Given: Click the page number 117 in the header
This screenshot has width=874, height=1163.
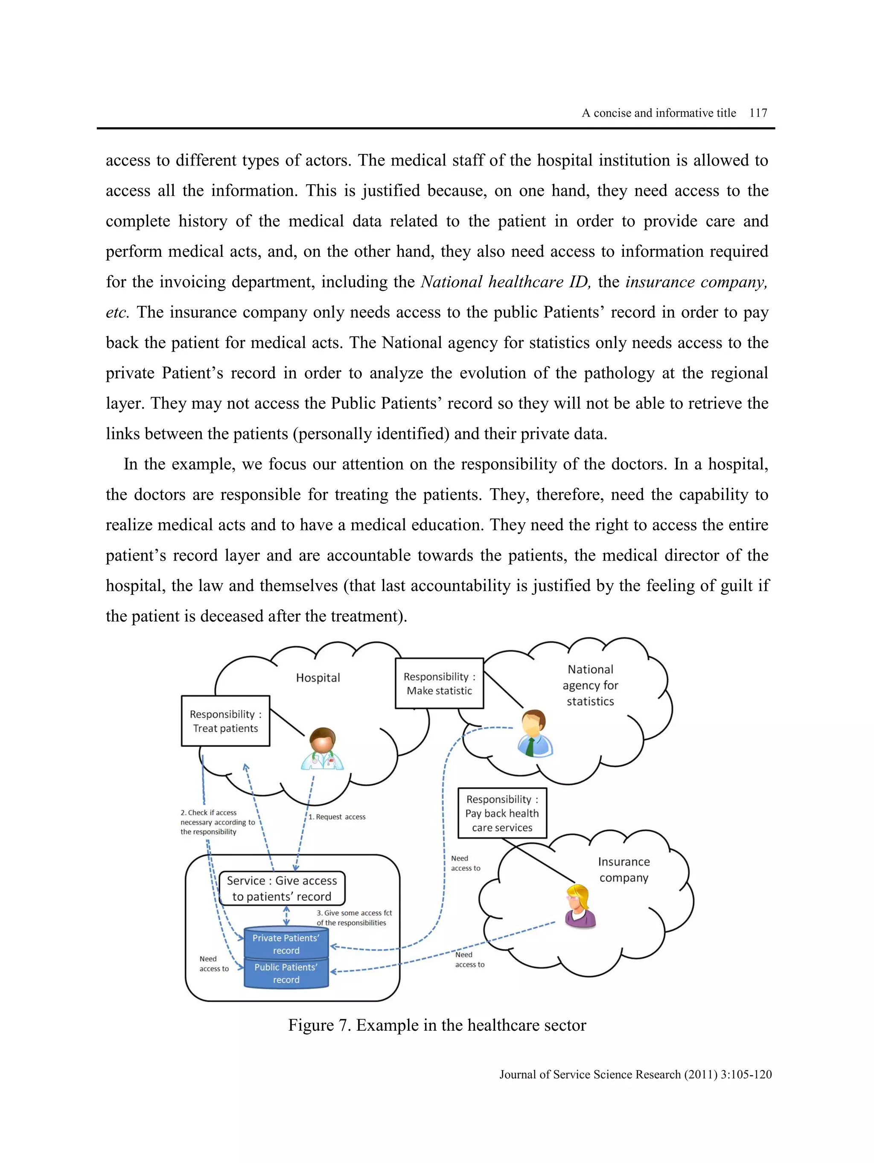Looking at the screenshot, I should pyautogui.click(x=758, y=113).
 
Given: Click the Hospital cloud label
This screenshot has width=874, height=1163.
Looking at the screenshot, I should pyautogui.click(x=318, y=678).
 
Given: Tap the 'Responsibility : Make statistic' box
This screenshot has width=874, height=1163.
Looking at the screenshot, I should pyautogui.click(x=439, y=683).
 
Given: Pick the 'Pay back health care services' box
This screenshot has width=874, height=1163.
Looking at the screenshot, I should pyautogui.click(x=502, y=813).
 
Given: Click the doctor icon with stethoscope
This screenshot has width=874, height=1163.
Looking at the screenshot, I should pyautogui.click(x=322, y=749).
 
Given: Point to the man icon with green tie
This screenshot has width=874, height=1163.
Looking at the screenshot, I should pyautogui.click(x=535, y=733).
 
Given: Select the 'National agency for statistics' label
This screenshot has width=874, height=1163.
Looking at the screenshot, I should pyautogui.click(x=590, y=685).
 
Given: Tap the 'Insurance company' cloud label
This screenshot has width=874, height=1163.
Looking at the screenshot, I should pyautogui.click(x=623, y=869).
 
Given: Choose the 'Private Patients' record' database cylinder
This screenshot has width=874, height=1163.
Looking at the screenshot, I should pyautogui.click(x=286, y=944).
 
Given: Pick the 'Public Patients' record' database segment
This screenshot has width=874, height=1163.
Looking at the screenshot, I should pyautogui.click(x=286, y=973).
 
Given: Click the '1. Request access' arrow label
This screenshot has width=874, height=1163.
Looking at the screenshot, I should pyautogui.click(x=337, y=817).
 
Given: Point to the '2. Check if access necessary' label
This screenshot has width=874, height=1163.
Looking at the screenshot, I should pyautogui.click(x=217, y=822).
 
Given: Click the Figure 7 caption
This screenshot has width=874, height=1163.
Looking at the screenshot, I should pyautogui.click(x=437, y=1025).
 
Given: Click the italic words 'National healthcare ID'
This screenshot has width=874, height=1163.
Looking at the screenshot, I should pyautogui.click(x=505, y=282).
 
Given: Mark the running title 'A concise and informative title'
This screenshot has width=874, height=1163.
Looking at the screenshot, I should pyautogui.click(x=658, y=113).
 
